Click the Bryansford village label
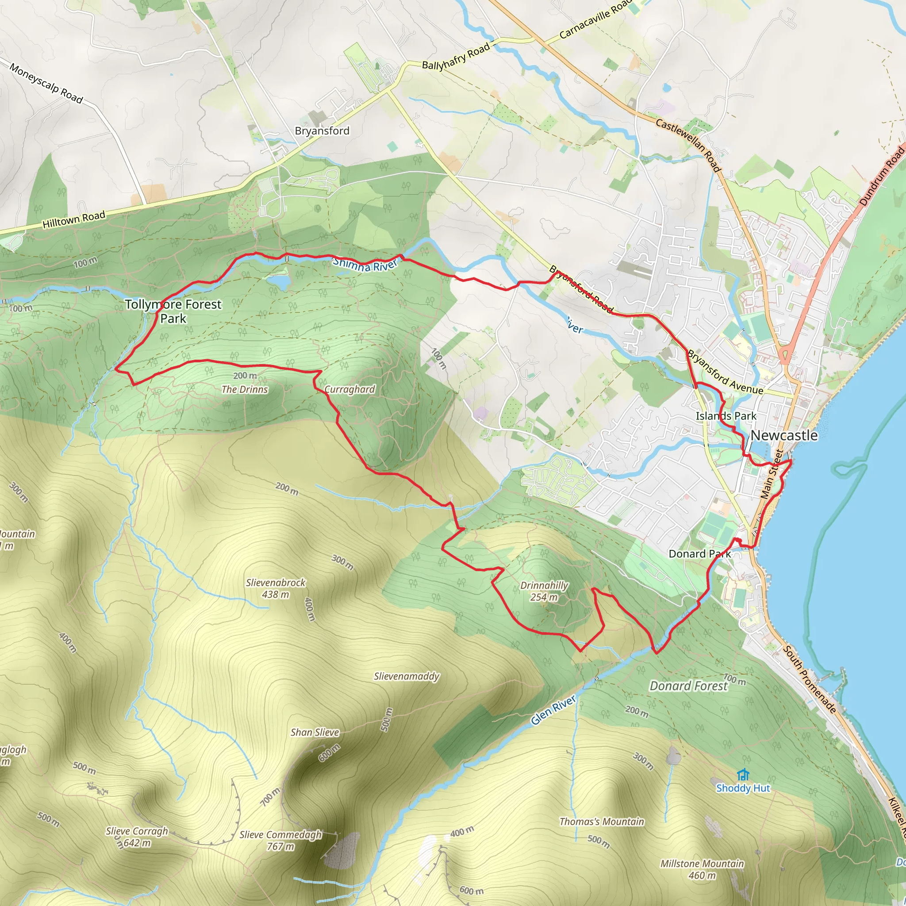322,131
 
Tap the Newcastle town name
783,435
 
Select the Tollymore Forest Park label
173,311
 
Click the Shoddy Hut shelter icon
742,774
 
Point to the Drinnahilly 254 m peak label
544,591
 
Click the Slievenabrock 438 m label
275,588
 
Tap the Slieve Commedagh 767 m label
280,841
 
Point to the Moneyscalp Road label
46,84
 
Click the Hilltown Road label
73,219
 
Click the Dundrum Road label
882,176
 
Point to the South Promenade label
810,679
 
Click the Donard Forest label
688,686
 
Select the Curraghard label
349,389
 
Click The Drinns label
244,389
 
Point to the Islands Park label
726,416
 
